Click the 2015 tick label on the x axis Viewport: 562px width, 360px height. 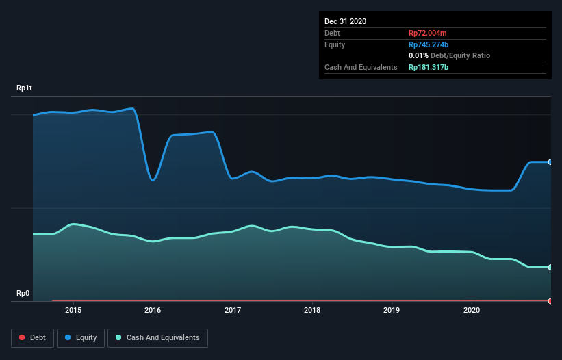click(73, 310)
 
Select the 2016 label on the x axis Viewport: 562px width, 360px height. click(153, 310)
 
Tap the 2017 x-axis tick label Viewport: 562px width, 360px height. click(233, 310)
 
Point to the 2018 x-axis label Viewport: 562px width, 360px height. click(312, 310)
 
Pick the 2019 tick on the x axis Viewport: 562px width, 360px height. click(392, 310)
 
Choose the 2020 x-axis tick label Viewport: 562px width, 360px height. click(472, 310)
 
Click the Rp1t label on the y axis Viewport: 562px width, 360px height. click(24, 88)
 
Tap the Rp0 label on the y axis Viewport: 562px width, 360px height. click(23, 293)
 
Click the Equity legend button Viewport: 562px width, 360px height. click(81, 337)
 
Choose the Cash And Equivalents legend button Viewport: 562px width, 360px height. click(157, 337)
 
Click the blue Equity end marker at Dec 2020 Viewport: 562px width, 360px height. click(550, 162)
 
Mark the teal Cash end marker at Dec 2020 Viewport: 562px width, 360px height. click(550, 268)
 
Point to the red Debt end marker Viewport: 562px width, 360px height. click(550, 300)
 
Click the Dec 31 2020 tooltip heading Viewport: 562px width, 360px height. click(345, 21)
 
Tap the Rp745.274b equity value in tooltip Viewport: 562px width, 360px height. click(429, 44)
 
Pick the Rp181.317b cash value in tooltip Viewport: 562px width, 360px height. click(429, 67)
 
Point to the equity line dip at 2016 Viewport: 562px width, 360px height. click(153, 180)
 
